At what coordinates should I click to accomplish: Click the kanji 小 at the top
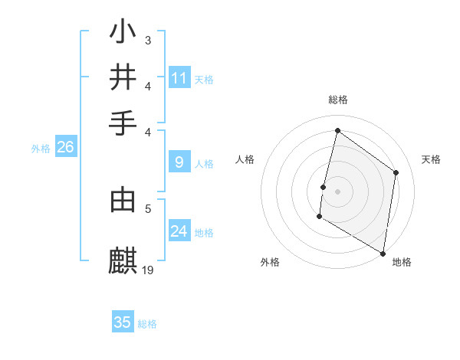123,33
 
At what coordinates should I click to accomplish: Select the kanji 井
123,77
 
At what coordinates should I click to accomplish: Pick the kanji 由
123,199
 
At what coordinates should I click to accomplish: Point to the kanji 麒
123,260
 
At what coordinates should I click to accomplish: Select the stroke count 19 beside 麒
148,269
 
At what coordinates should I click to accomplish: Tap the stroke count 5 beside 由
148,207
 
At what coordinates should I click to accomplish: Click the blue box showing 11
179,78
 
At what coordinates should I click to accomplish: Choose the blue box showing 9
179,162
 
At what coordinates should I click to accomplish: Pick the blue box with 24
179,231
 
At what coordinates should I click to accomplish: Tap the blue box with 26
65,148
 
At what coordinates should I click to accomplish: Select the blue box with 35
123,322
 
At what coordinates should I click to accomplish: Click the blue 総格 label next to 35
147,324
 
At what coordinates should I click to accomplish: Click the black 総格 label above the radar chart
337,100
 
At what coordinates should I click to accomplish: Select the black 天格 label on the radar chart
431,159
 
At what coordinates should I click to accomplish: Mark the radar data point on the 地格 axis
383,253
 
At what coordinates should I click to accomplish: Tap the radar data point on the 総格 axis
337,131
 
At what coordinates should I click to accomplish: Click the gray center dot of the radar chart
337,191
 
